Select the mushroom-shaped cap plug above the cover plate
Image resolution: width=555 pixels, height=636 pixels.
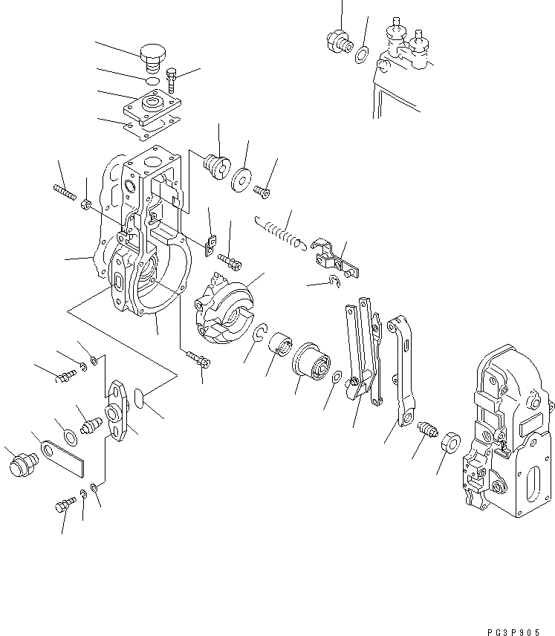click(x=153, y=54)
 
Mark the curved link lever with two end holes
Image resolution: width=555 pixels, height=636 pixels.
click(x=400, y=371)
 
